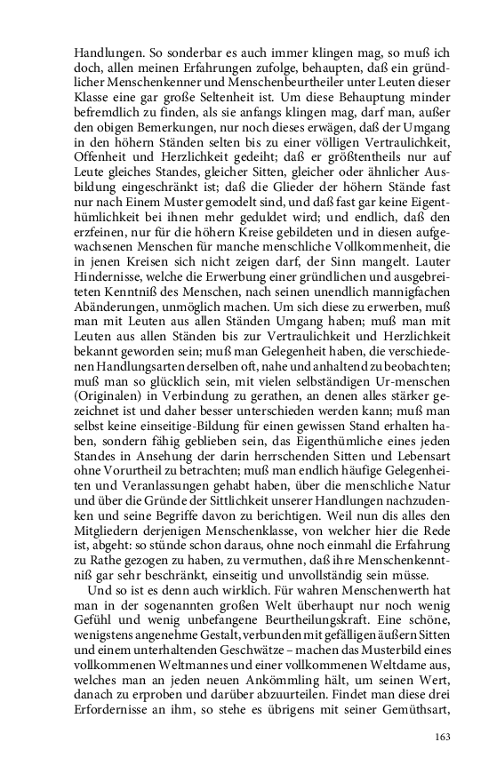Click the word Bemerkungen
pos(175,128)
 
